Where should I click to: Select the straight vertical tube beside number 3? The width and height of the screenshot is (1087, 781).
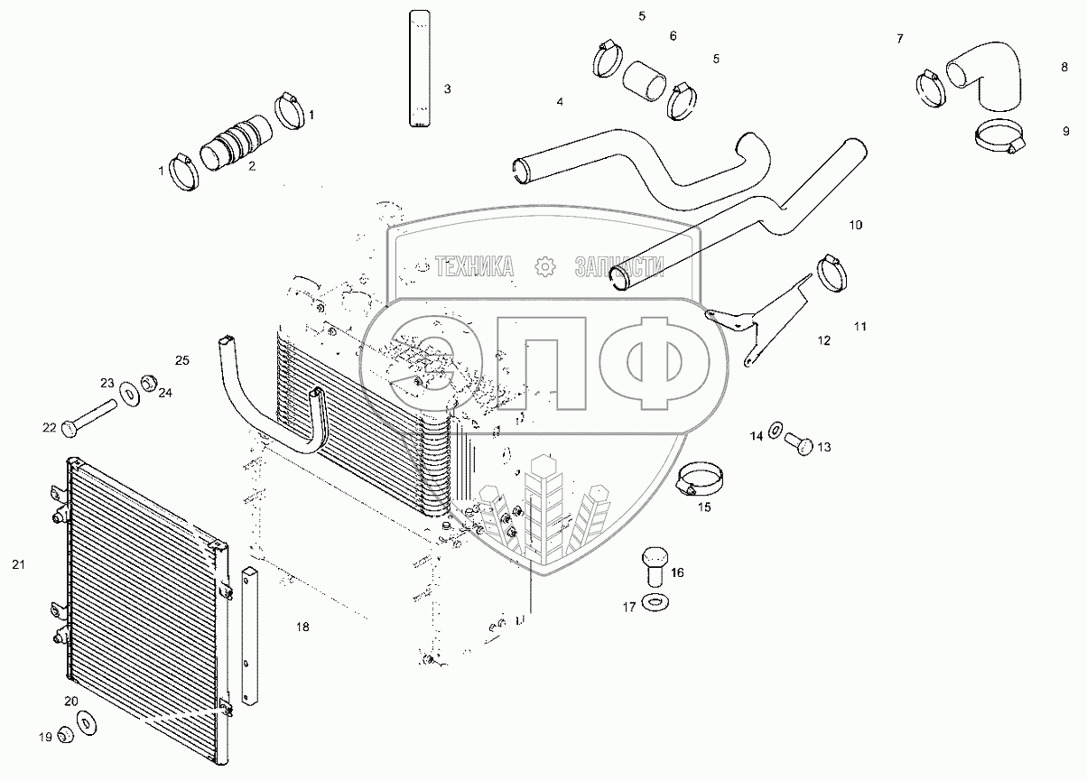coord(419,68)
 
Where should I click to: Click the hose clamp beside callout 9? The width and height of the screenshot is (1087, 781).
coord(999,136)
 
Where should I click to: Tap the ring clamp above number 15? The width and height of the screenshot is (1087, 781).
coord(701,478)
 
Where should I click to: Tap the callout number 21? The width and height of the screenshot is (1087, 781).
coord(18,564)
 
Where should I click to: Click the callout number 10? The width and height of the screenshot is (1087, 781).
coord(856,223)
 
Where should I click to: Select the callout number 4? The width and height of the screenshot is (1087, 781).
coord(560,102)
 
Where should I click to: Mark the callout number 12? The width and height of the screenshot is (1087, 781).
coord(824,340)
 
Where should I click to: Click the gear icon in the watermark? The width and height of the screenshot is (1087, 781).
coord(543,265)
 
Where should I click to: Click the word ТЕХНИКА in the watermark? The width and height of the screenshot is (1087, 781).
coord(475,265)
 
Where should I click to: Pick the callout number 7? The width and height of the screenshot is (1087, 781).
coord(899,39)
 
